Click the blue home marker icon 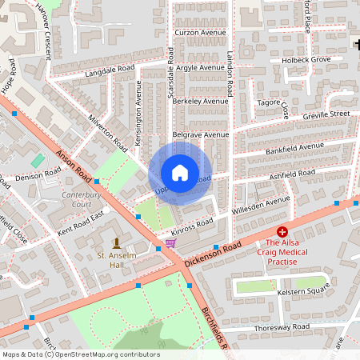(180, 173)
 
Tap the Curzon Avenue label (200, 33)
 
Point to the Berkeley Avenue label (200, 102)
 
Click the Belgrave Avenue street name (200, 135)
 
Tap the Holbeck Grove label (305, 60)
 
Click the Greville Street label (326, 115)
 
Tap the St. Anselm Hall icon (117, 242)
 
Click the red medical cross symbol (282, 230)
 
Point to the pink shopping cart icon (170, 242)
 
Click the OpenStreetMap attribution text (81, 354)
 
